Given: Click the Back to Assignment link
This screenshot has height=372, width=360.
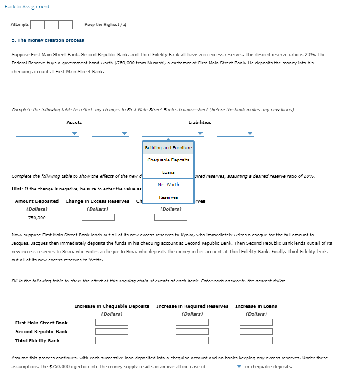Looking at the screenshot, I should pos(27,7).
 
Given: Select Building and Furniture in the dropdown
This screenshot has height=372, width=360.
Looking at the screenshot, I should pos(168,148).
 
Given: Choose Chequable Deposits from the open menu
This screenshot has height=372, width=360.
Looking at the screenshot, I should pos(168,160).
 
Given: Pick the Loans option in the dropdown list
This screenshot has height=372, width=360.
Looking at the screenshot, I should pos(168,172).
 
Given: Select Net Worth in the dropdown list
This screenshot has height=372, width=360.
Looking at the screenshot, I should pos(168,185).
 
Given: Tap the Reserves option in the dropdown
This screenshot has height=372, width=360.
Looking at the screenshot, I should pos(168,197).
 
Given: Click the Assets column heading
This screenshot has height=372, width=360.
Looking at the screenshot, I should pos(74,123).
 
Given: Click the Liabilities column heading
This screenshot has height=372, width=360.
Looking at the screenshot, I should pos(199,123).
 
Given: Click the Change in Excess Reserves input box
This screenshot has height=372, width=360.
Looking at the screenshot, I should pos(98,218).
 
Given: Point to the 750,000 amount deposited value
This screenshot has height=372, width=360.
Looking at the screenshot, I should pos(37,218).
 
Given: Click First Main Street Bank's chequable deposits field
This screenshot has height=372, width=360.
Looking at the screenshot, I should pos(112,323).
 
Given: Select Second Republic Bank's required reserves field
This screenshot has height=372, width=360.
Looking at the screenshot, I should pos(192,332).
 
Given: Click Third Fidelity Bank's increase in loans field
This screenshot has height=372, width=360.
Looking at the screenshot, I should pos(256,340).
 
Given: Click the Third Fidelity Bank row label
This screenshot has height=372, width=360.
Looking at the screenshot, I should pos(37,340).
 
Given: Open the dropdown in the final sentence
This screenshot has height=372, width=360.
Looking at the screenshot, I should pos(224,367).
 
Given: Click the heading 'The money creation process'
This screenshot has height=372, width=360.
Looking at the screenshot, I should pos(48,40).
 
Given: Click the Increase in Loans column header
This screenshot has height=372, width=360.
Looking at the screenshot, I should pos(256,306).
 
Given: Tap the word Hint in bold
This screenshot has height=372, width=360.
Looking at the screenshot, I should pos(17,189).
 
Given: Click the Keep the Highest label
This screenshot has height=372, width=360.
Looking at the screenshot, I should pos(101,25).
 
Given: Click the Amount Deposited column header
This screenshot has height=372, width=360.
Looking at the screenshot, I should pos(37,201).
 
